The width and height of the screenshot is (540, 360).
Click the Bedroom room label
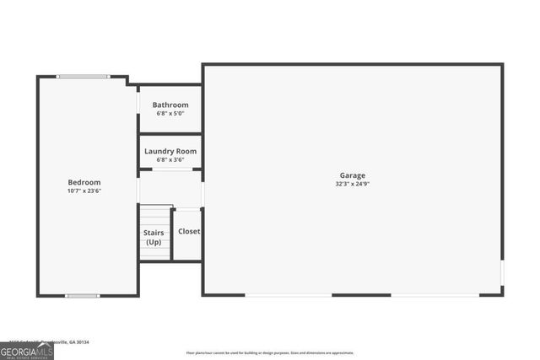[x=84, y=182]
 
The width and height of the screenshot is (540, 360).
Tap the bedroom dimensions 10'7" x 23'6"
[x=84, y=191]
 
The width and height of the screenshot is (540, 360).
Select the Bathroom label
[x=170, y=105]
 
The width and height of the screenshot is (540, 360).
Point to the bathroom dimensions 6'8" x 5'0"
[x=170, y=113]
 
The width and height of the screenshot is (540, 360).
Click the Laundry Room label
[x=170, y=152]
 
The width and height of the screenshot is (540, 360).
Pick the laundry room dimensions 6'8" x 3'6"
[x=170, y=159]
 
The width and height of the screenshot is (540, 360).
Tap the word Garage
[x=353, y=175]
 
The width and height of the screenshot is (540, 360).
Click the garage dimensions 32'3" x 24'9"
[x=353, y=184]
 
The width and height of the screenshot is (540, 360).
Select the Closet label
[x=189, y=231]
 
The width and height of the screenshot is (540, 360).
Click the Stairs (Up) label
[x=154, y=237]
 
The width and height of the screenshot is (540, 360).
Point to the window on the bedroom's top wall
[x=83, y=77]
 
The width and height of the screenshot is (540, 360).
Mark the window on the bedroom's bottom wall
[x=83, y=295]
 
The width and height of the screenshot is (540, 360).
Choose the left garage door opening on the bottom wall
[x=289, y=294]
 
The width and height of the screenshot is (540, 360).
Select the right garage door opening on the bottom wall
[x=434, y=294]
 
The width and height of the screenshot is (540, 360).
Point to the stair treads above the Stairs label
[x=155, y=215]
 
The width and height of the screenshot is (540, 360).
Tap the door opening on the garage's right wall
[x=502, y=273]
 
